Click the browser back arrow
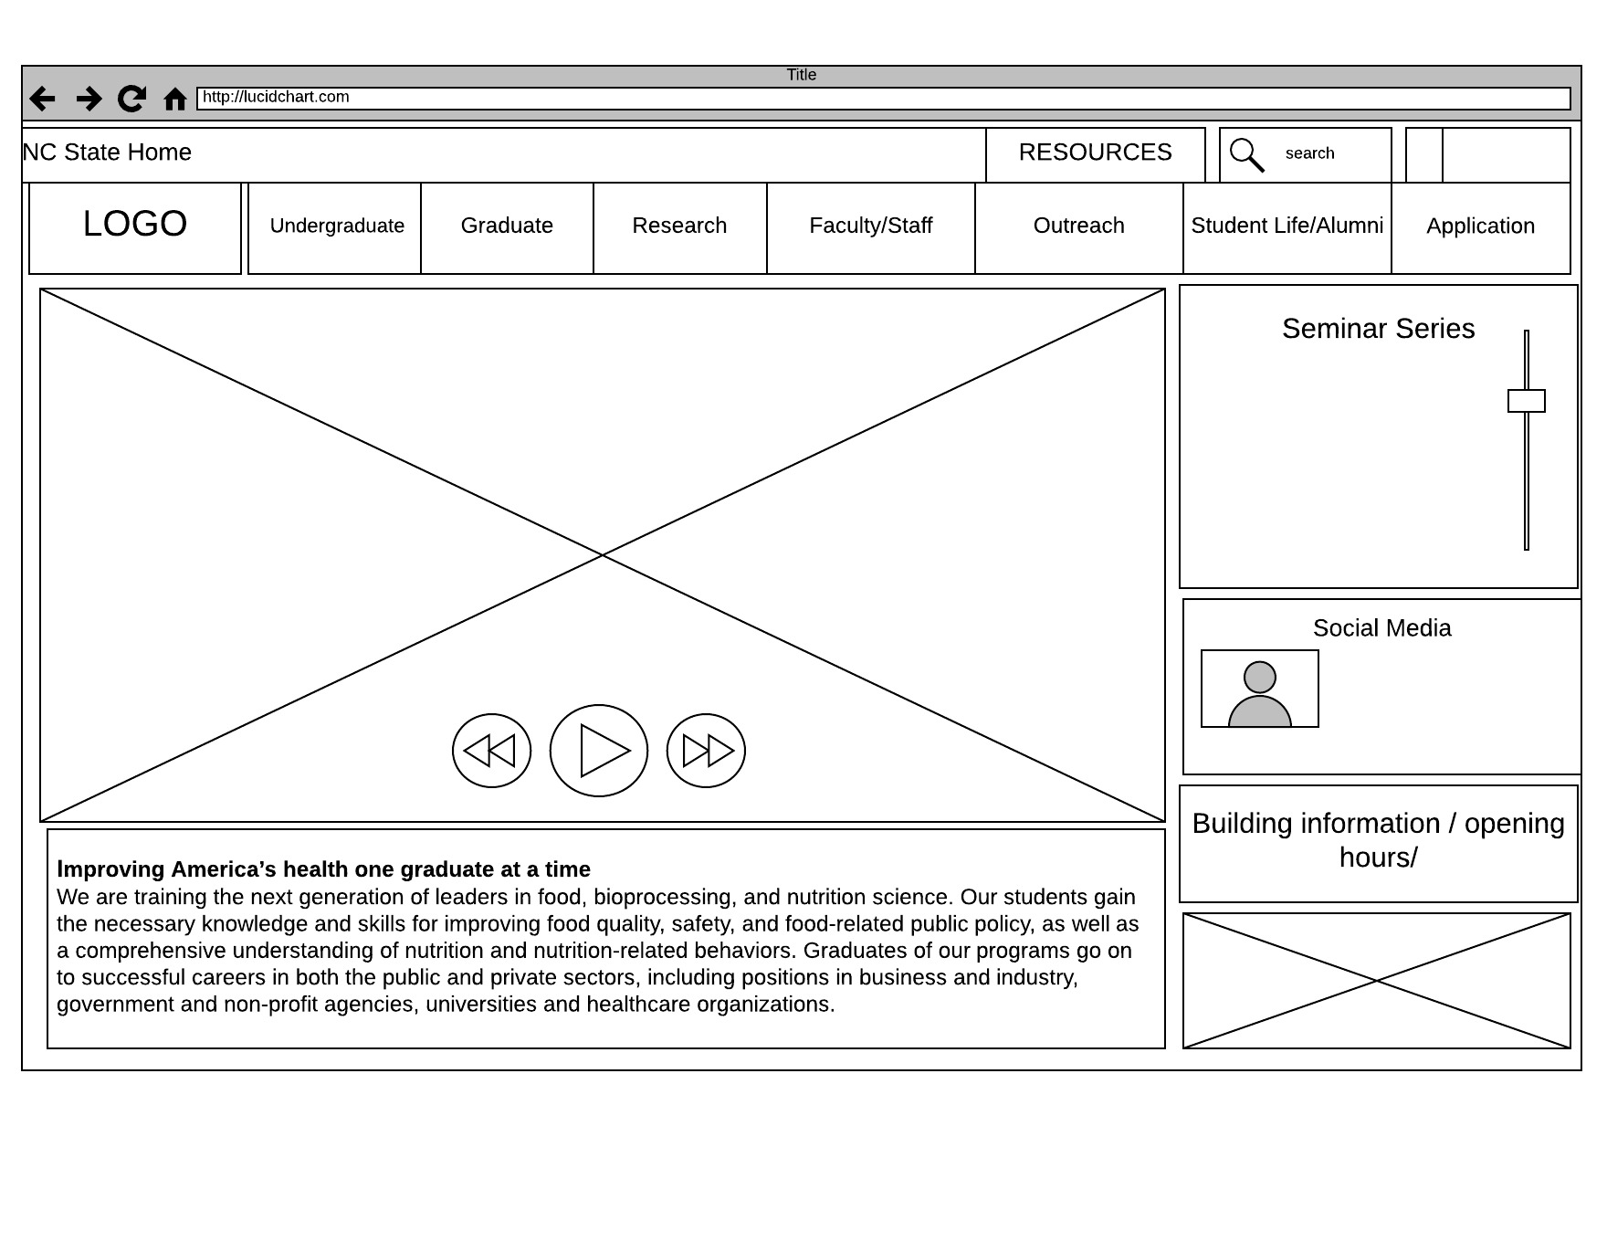(42, 98)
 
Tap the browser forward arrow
(89, 98)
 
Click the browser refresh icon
(131, 98)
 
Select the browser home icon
(174, 99)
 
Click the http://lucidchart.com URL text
(276, 97)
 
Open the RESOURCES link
(1095, 153)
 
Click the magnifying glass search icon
(1246, 154)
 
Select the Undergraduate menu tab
(337, 226)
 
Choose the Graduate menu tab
(507, 226)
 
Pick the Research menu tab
(679, 226)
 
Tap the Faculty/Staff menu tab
(870, 226)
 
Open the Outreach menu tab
(1078, 226)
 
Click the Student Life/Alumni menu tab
(1287, 226)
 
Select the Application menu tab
(1480, 226)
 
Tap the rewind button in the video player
(491, 751)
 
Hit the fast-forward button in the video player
(706, 751)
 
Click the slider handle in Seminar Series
(1526, 401)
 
